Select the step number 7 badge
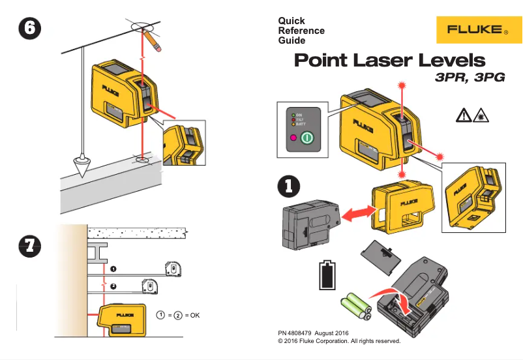point(29,246)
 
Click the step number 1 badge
point(288,185)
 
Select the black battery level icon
point(328,275)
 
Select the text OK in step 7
point(194,316)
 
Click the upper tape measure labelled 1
point(175,267)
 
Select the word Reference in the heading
point(301,31)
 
